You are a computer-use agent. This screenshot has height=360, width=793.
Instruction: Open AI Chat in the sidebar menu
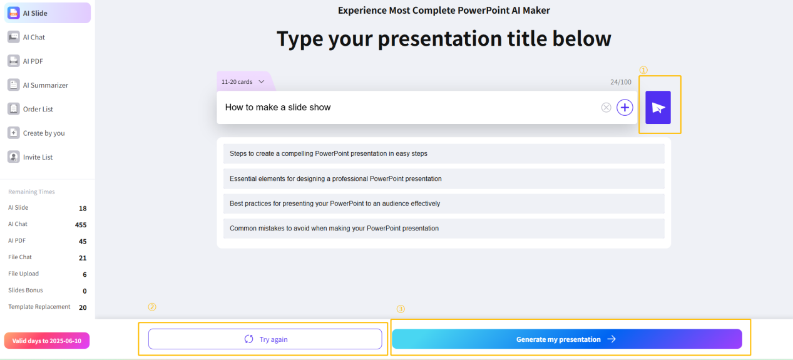[x=34, y=37]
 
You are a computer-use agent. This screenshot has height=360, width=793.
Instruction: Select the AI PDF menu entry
[x=33, y=61]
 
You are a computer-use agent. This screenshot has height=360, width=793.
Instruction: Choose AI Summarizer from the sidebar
[x=45, y=85]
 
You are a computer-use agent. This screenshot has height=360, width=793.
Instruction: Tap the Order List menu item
[x=38, y=109]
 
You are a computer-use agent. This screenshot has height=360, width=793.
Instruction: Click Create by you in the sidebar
[x=43, y=133]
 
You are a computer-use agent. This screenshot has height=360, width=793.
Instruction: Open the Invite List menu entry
[x=38, y=157]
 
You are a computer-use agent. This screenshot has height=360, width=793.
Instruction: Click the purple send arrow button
[x=658, y=108]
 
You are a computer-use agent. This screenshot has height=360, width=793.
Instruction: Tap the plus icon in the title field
[x=625, y=108]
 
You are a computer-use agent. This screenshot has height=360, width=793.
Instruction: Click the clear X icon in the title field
[x=606, y=108]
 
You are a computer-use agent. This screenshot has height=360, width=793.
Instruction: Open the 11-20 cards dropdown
[x=243, y=81]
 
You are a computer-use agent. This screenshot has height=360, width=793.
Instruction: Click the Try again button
[x=265, y=339]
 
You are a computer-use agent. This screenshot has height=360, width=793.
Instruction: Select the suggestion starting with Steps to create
[x=444, y=153]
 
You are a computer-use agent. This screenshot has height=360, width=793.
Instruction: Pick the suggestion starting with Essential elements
[x=444, y=178]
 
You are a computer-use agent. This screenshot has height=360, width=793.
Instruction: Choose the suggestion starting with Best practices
[x=444, y=203]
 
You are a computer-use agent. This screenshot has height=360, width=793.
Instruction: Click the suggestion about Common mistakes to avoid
[x=444, y=229]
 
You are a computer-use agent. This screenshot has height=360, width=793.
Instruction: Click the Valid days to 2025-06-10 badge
[x=47, y=341]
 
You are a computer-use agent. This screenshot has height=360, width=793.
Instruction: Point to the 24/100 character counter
[x=620, y=82]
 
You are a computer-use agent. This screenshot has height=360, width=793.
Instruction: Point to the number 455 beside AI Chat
[x=80, y=225]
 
